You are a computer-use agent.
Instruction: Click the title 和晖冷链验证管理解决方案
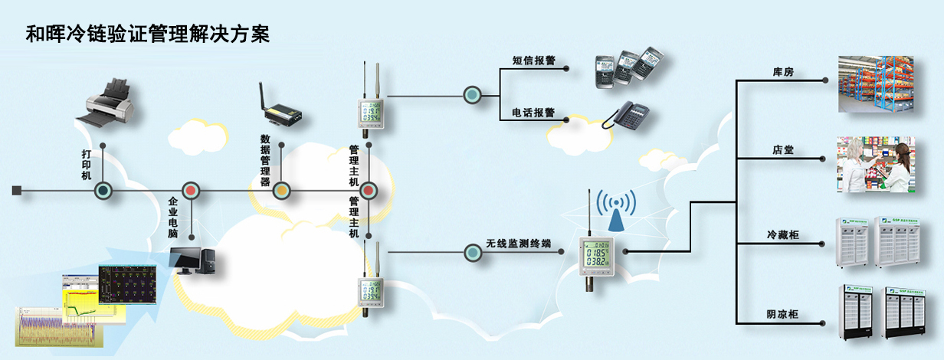coord(148,34)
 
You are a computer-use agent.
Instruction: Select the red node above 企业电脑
coord(191,191)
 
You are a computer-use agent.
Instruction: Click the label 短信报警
coord(534,58)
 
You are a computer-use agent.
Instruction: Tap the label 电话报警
coord(534,112)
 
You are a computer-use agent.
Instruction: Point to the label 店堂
coord(782,149)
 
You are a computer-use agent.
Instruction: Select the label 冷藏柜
coord(782,234)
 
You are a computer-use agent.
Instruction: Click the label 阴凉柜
coord(782,314)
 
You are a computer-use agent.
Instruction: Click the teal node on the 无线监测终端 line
coord(472,250)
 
